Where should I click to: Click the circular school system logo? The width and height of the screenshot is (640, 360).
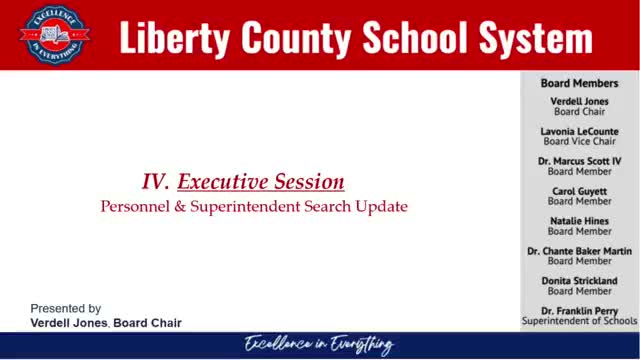(x=55, y=35)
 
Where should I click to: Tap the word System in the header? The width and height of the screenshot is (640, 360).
(x=536, y=38)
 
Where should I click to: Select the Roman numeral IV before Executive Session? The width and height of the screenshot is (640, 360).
(x=155, y=181)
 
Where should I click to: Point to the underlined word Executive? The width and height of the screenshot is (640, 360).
(x=223, y=181)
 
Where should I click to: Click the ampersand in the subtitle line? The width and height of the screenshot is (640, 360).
(x=180, y=207)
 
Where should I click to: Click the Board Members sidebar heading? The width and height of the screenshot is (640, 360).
(x=579, y=83)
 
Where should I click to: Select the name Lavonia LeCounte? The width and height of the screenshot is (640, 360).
(x=579, y=131)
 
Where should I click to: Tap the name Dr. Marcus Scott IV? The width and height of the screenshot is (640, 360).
(x=579, y=161)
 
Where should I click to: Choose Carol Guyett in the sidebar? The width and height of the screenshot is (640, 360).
(x=579, y=191)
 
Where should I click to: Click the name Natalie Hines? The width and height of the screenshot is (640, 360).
(x=579, y=221)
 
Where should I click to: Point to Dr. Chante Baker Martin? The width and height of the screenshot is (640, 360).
(x=579, y=251)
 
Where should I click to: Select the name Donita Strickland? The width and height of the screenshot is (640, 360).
(x=579, y=281)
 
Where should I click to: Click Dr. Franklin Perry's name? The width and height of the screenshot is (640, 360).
(x=579, y=311)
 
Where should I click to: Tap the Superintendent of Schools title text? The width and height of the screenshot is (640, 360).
(x=579, y=321)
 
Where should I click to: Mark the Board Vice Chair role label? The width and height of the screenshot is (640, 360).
(x=579, y=141)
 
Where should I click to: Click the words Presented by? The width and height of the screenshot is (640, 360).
(x=66, y=309)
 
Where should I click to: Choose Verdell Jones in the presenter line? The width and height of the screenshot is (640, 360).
(x=69, y=323)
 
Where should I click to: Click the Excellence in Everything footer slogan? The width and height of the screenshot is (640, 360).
(x=319, y=345)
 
